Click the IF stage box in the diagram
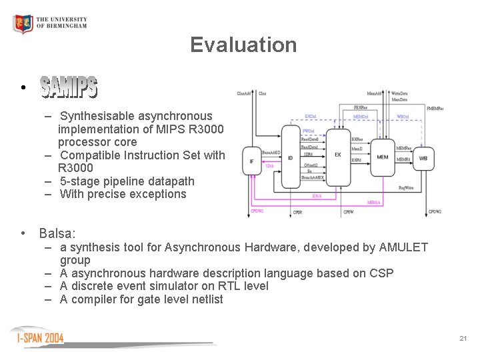[x=251, y=161]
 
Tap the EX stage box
[x=338, y=155]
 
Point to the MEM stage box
[x=382, y=157]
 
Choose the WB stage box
[x=423, y=158]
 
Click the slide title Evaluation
[x=243, y=45]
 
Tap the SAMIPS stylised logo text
[x=69, y=87]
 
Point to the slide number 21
[x=463, y=339]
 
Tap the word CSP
[x=382, y=273]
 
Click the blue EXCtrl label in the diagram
[x=311, y=116]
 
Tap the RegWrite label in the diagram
[x=405, y=188]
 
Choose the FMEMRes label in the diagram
[x=435, y=108]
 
